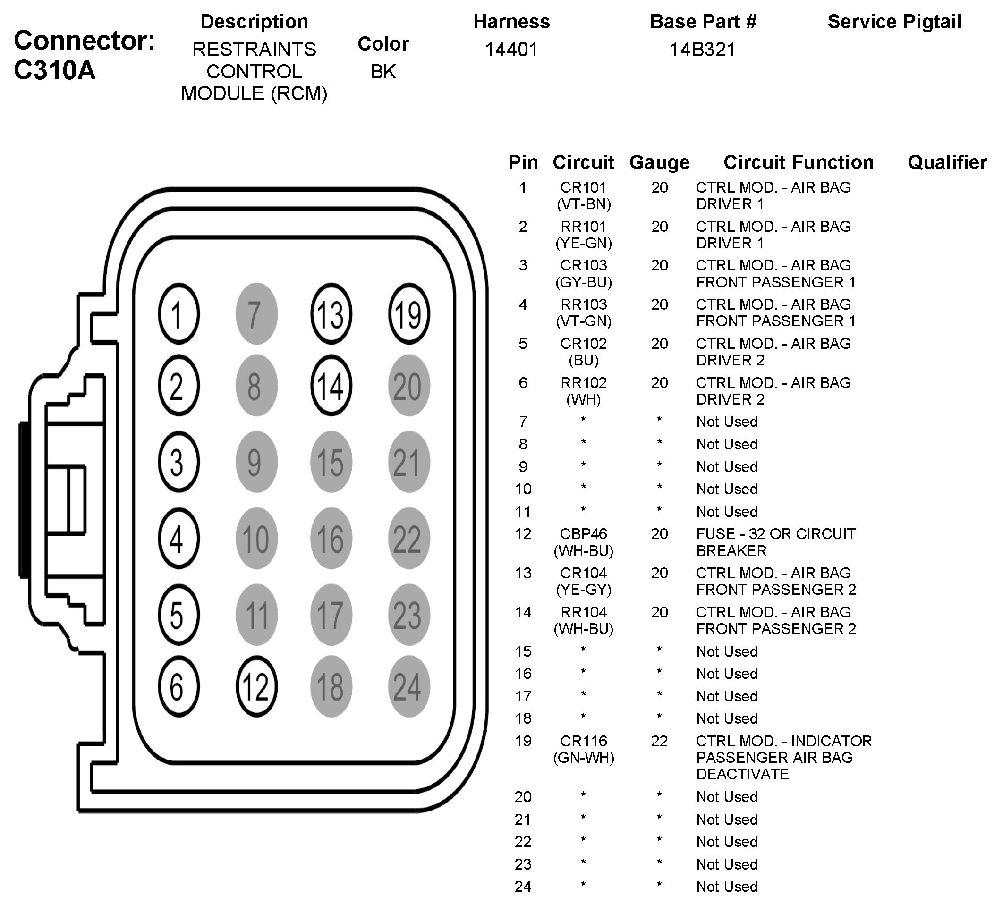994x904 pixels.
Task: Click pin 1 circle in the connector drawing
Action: click(178, 313)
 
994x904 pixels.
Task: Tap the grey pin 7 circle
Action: click(256, 313)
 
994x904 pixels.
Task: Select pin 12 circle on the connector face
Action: click(256, 686)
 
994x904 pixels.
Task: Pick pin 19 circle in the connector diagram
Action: click(409, 313)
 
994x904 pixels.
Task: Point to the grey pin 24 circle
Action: click(409, 686)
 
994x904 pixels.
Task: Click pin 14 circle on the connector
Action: click(331, 386)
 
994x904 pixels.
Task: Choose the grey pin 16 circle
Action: click(331, 538)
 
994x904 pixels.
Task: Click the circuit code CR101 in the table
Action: click(583, 187)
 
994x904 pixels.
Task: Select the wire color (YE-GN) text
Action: click(583, 243)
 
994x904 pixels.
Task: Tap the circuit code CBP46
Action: click(583, 534)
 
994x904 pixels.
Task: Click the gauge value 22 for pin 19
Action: click(659, 741)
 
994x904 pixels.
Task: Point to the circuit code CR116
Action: click(583, 741)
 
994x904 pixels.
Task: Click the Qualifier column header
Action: click(947, 162)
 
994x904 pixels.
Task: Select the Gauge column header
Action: click(659, 162)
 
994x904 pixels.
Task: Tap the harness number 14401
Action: click(511, 49)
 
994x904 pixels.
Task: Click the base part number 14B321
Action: click(703, 49)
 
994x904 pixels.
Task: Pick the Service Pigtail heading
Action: click(894, 22)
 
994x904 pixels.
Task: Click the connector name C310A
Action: click(54, 70)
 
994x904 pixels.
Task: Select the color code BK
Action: click(383, 71)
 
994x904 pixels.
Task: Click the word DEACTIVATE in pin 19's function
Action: click(742, 774)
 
